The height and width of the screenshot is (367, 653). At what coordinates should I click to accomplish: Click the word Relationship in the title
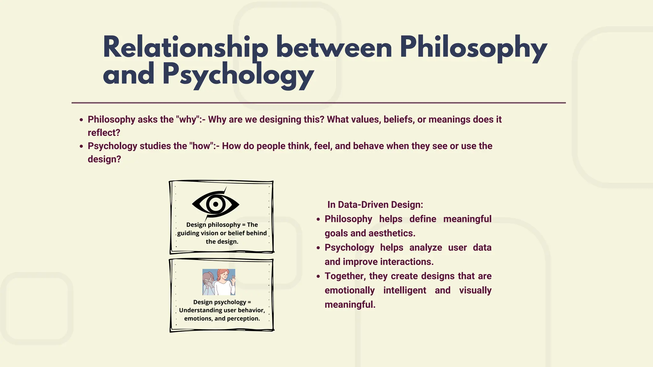click(x=185, y=48)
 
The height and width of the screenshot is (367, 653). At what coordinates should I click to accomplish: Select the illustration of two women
click(x=219, y=282)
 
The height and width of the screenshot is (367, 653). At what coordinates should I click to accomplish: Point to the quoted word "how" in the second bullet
click(x=202, y=146)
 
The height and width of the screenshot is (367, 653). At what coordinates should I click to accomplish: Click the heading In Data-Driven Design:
click(x=375, y=205)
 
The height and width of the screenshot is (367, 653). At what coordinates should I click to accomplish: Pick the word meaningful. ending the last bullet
click(x=350, y=305)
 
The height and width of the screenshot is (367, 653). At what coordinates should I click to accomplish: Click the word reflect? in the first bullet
click(x=104, y=133)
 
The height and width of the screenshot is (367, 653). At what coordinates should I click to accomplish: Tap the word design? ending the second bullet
click(x=104, y=159)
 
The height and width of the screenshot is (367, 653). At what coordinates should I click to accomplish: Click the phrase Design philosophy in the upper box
click(x=213, y=225)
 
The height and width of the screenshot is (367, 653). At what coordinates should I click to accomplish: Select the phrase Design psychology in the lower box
click(x=219, y=302)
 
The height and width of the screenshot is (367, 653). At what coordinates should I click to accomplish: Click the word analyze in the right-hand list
click(x=425, y=248)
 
